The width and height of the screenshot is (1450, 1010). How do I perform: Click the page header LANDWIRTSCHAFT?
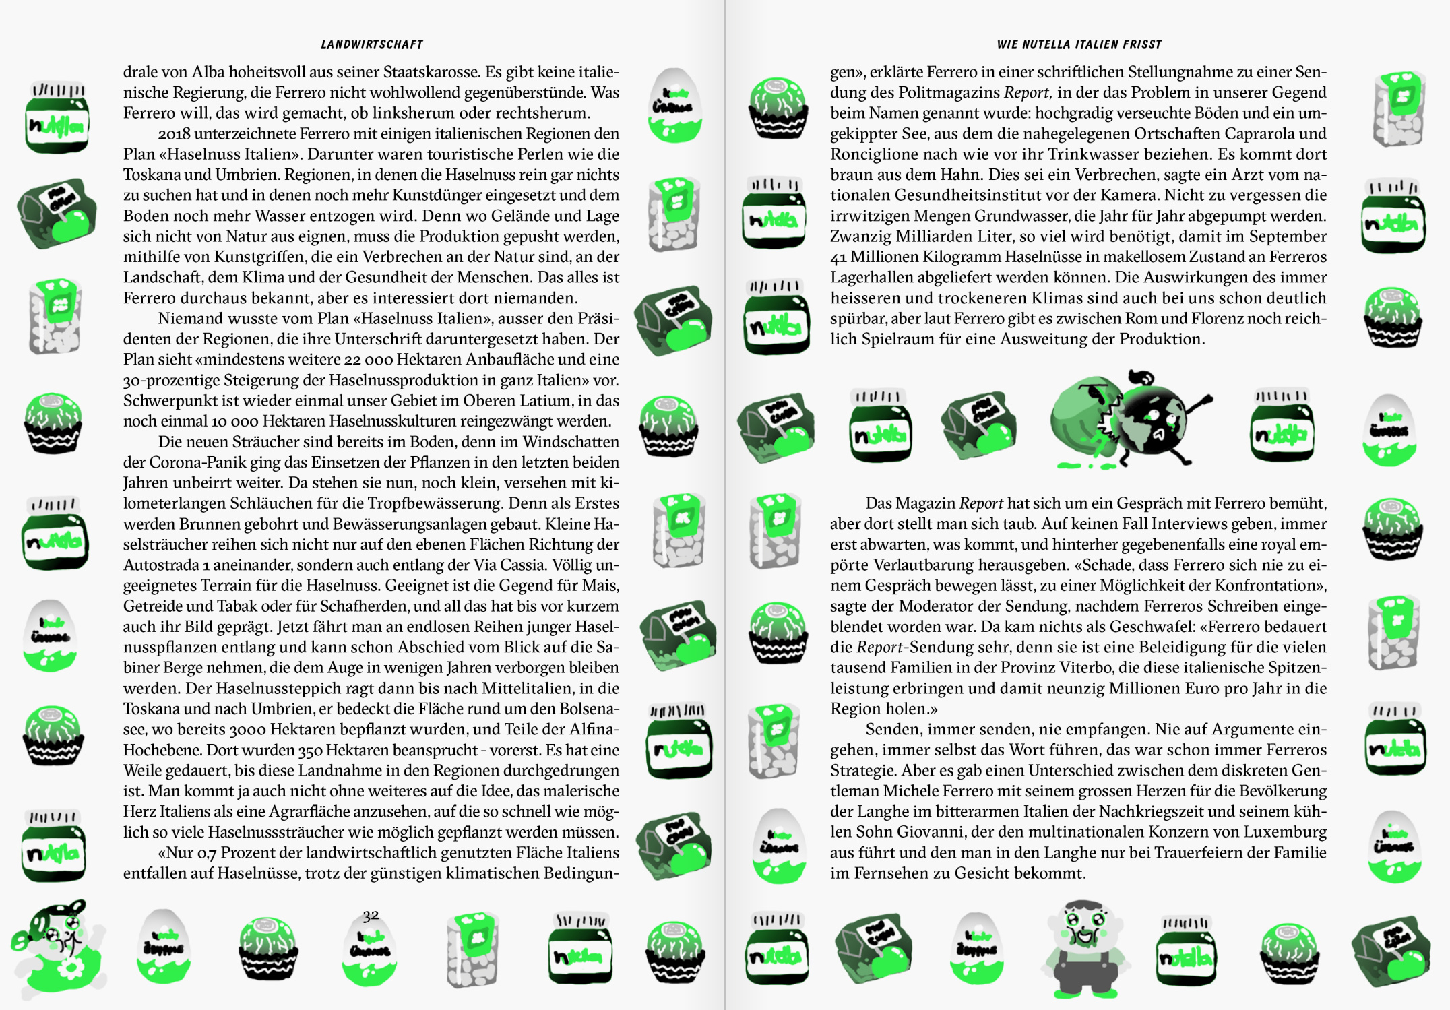tap(372, 44)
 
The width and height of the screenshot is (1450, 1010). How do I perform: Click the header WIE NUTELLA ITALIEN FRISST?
tap(1079, 44)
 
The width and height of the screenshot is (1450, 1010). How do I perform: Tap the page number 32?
tap(371, 916)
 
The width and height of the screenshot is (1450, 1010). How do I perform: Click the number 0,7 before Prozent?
tap(207, 853)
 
